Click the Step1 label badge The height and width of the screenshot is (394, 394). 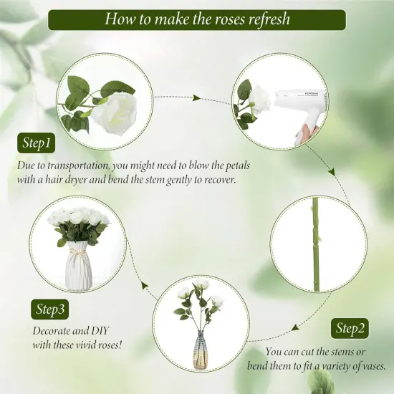[37, 143]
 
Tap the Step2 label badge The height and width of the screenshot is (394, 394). [350, 328]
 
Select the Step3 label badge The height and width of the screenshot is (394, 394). [49, 309]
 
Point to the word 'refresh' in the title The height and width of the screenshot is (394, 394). [269, 19]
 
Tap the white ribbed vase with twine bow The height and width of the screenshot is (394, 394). [80, 266]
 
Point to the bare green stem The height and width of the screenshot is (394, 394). [316, 245]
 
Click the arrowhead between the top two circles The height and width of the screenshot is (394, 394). [196, 97]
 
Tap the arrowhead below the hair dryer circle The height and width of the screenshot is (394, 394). [332, 172]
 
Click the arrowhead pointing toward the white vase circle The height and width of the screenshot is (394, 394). [144, 285]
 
